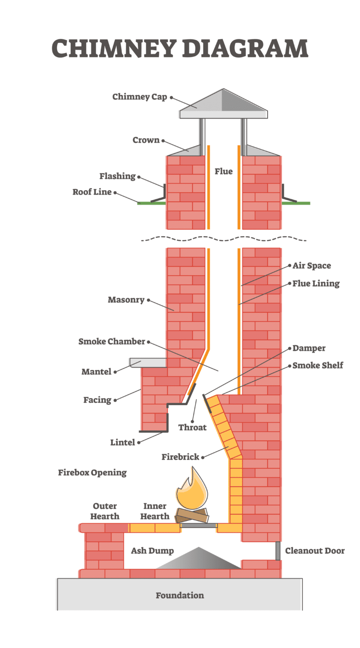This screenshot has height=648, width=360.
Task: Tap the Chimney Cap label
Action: (x=140, y=97)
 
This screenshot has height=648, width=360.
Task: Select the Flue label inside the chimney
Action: (x=224, y=171)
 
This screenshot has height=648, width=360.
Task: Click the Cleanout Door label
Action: (x=315, y=550)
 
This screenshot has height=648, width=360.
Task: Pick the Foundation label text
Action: (x=180, y=595)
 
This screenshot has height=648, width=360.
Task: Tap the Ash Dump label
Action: (x=152, y=550)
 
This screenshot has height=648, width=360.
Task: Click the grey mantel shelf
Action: (x=148, y=362)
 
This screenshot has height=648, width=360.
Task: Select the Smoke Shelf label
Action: (x=318, y=365)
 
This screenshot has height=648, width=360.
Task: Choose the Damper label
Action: (x=309, y=348)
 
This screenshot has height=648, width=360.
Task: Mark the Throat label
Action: (x=192, y=427)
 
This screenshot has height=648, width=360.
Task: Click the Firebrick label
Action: (x=180, y=456)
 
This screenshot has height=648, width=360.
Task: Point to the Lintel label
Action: (x=122, y=442)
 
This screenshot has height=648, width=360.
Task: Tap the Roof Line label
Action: (x=92, y=192)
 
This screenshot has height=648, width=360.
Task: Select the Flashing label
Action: (x=117, y=176)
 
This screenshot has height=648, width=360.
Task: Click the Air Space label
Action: (x=312, y=265)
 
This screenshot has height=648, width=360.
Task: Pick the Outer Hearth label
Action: (x=105, y=511)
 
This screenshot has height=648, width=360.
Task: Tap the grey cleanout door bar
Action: (x=278, y=550)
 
